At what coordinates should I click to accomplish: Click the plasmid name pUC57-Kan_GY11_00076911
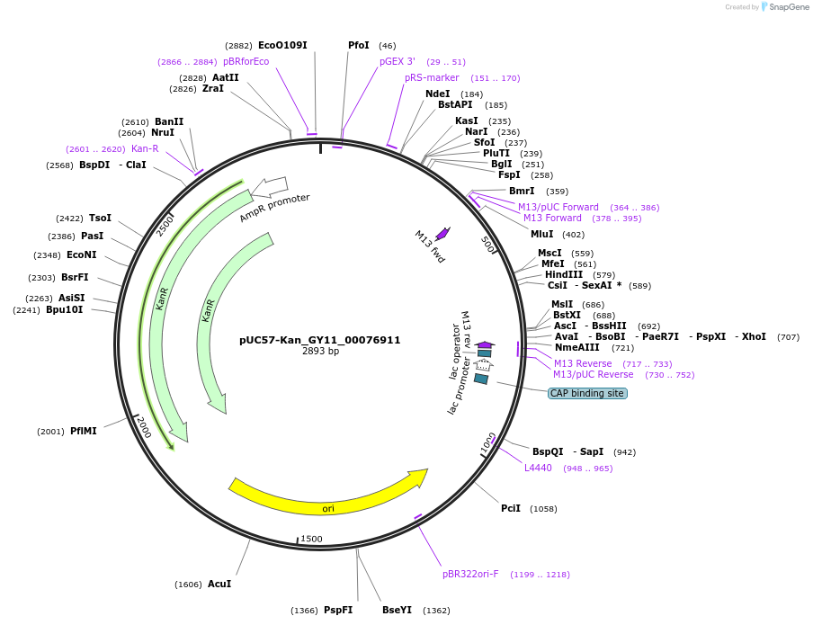point(319,340)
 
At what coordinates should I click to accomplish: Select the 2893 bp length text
point(320,352)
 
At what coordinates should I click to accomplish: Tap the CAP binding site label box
point(587,393)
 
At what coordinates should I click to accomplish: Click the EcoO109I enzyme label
point(282,45)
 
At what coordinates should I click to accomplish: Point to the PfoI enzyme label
point(358,45)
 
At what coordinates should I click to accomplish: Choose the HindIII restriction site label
point(564,274)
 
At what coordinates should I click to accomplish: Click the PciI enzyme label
point(511,508)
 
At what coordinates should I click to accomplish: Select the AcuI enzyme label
point(219,584)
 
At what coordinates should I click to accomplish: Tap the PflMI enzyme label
point(84,431)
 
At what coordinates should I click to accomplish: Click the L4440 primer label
point(538,468)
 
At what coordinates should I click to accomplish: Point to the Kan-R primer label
point(145,148)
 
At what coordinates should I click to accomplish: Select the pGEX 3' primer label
point(398,61)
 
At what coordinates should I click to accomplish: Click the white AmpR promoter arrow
point(269,187)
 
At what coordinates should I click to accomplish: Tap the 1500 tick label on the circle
point(311,539)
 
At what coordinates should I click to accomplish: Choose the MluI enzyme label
point(542,234)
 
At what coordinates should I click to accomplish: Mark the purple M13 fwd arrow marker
point(442,233)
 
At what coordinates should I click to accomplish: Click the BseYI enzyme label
point(397,610)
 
